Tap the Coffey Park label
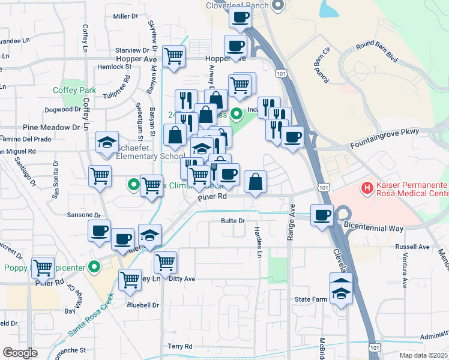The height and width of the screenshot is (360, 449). tap(74, 90)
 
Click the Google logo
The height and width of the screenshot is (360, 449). tap(20, 353)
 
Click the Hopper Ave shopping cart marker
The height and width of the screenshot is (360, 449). tap(173, 57)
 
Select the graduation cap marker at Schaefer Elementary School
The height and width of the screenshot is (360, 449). tap(107, 143)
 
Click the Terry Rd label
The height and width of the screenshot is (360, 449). tap(179, 346)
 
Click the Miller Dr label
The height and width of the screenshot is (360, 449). tap(125, 16)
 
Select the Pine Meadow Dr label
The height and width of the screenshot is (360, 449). tap(51, 127)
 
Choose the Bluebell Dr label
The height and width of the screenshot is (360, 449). tap(142, 305)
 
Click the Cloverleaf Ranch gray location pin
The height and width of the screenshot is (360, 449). tap(277, 6)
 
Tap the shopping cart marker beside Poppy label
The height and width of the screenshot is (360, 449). tap(43, 268)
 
